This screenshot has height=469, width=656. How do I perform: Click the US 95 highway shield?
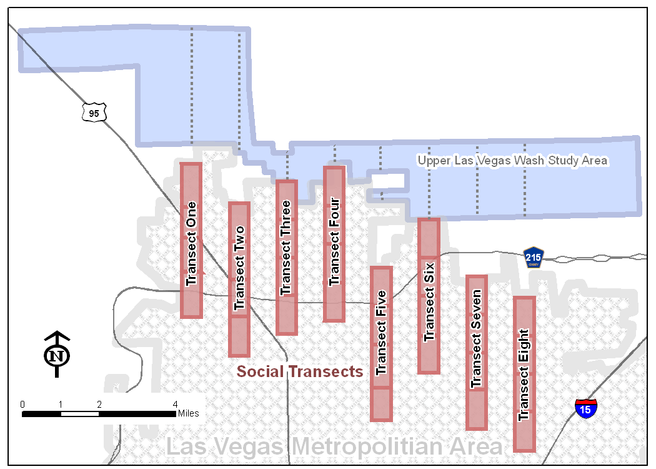point(94,113)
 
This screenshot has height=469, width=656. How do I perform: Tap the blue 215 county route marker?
point(533,258)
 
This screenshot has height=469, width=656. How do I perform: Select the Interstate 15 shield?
point(586,408)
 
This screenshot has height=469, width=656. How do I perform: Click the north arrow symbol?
point(57,355)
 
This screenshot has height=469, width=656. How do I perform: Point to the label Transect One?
point(191,244)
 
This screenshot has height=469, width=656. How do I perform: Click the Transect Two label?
point(239,268)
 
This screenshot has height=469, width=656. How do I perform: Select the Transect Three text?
point(286,248)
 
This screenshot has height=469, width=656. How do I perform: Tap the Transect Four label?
point(334,241)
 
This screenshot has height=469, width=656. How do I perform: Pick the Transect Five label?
point(381,333)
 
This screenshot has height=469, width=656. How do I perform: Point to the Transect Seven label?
point(477,338)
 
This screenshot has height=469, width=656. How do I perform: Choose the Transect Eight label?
point(524,375)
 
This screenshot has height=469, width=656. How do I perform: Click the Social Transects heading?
point(300,371)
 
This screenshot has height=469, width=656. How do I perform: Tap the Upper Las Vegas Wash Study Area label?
point(512,160)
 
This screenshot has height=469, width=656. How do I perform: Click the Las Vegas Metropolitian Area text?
point(334,447)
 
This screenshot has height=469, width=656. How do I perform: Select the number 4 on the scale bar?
point(176,405)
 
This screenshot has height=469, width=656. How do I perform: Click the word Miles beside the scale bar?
point(188,413)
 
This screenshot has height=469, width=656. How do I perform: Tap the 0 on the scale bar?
point(22,405)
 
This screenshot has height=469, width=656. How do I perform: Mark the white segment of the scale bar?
point(80,414)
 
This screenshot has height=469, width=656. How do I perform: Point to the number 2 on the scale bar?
point(99,405)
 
